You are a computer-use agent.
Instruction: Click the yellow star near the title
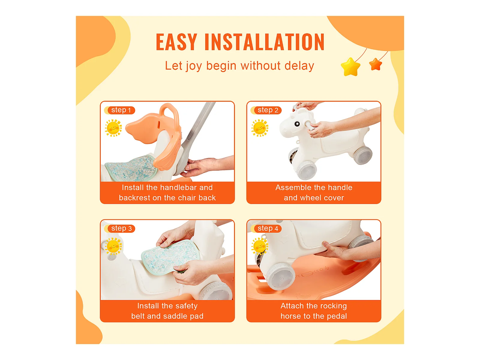[350, 67]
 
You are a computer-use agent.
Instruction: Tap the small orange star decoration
[376, 64]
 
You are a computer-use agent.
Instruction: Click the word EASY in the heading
[177, 42]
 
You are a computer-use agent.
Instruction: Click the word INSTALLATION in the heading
[264, 42]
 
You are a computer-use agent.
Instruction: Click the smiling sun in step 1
[113, 128]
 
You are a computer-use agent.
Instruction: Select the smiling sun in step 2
[260, 128]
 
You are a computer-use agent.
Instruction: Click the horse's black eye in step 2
[297, 124]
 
